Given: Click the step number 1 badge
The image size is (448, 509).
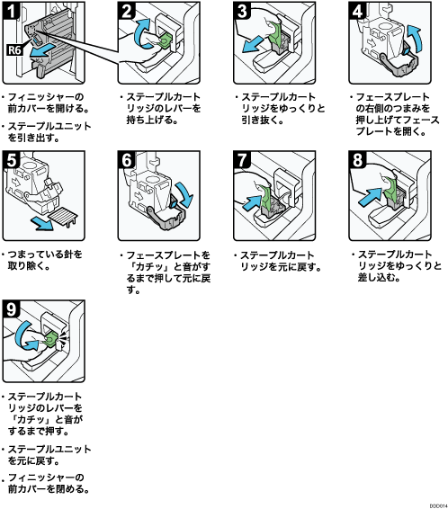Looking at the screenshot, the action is tap(12, 11).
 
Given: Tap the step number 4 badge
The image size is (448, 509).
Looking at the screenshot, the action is tap(358, 11).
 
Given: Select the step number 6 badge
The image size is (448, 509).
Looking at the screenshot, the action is tap(127, 159).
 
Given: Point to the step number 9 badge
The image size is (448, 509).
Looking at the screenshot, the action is tap(12, 308).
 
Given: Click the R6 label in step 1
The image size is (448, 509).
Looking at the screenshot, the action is tap(14, 50).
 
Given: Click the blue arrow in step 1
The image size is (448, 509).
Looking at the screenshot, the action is tap(40, 51).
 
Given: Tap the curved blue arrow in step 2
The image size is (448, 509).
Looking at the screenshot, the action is tap(142, 33).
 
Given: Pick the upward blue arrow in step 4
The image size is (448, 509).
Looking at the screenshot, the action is tap(415, 38).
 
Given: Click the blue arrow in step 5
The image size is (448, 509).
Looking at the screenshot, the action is tap(42, 223).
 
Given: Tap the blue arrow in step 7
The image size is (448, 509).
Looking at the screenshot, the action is tap(252, 202).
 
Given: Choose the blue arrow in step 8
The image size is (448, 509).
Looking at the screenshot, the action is tap(370, 197).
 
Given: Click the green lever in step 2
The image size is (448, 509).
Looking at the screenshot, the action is tap(166, 40).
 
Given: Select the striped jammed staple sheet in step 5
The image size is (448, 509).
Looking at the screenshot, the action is tap(63, 216).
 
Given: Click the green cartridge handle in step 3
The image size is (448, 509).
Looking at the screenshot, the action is tap(275, 32).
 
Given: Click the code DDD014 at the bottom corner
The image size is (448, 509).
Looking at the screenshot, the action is tap(438, 505).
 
